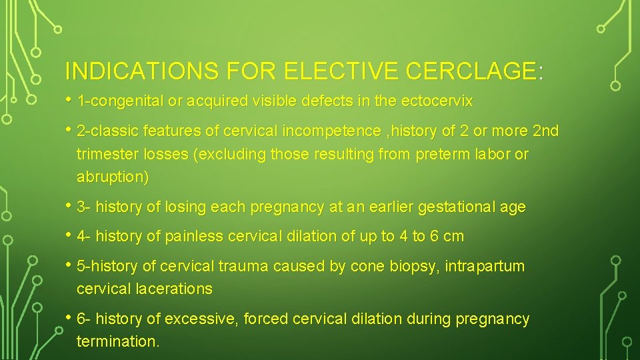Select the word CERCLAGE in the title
(471, 71)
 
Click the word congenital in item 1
(123, 102)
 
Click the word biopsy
(417, 267)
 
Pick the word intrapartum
(485, 267)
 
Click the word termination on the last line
(117, 342)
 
